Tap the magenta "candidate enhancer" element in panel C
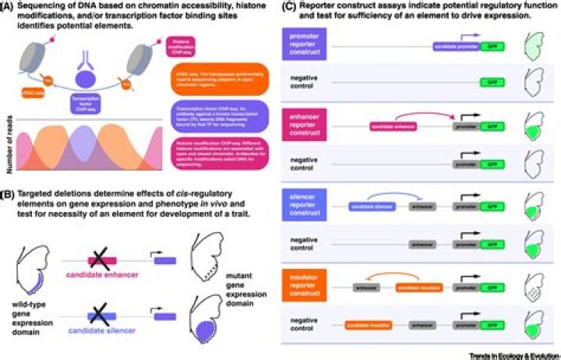(394, 125)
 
